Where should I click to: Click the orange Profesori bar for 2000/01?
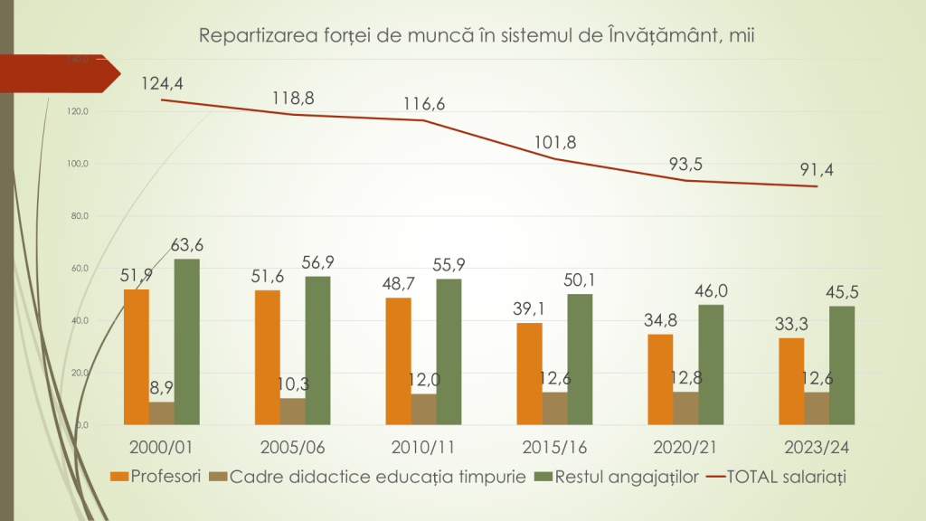point(137,356)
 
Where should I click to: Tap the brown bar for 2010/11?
point(423,409)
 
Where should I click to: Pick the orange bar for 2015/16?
point(529,374)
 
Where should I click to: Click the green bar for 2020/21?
point(711,365)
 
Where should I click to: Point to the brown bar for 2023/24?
point(817,408)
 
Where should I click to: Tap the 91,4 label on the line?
point(817,169)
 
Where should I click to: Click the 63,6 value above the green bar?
point(187,244)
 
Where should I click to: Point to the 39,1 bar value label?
point(529,308)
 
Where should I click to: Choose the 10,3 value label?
point(292,384)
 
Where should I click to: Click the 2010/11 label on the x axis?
point(423,446)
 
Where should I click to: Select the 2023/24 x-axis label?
point(817,446)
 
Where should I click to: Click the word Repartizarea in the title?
point(249,36)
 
